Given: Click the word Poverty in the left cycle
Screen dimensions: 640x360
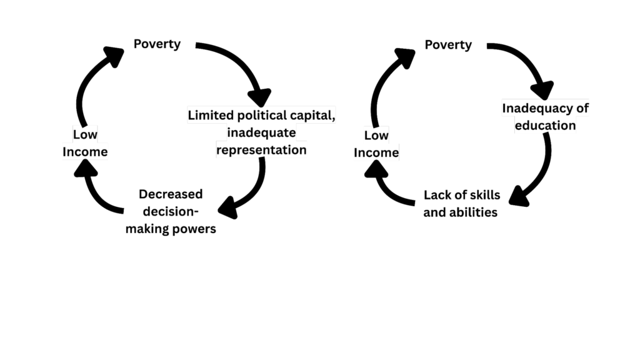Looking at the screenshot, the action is (157, 44).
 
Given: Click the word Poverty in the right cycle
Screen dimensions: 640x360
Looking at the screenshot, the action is (448, 45).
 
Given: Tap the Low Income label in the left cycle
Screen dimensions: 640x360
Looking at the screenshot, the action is (85, 143).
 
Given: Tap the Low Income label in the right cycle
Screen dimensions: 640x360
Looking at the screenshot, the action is (376, 144).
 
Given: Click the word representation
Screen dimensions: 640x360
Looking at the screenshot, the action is (261, 150).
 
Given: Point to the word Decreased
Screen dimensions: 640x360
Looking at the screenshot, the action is (171, 194).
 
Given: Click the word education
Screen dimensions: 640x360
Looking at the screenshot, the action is (545, 125).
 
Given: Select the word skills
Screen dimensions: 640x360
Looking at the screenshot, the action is (484, 195).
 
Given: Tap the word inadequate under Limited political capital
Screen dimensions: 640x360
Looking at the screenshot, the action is (262, 132).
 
